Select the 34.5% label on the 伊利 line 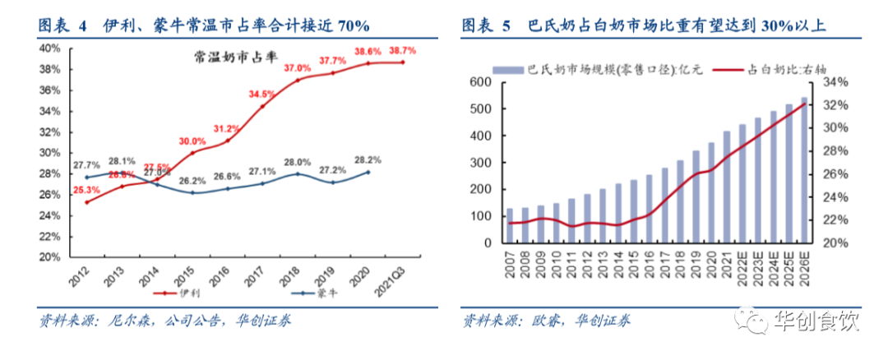(x=261, y=95)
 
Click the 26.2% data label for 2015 (x=192, y=181)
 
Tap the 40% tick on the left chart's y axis (x=49, y=48)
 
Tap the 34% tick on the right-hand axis (x=832, y=82)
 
